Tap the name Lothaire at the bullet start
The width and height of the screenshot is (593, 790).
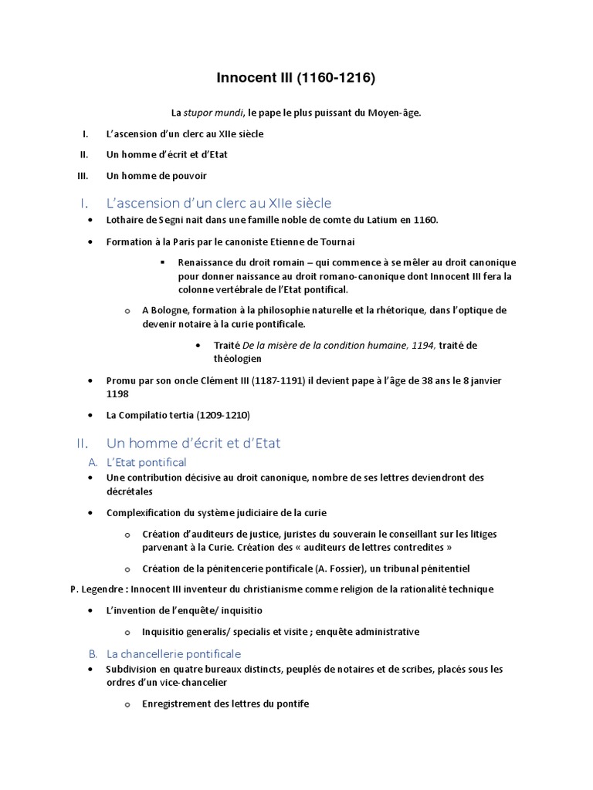pyautogui.click(x=127, y=220)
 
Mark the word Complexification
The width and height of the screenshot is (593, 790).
pyautogui.click(x=145, y=512)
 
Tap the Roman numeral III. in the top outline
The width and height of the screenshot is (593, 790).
pyautogui.click(x=83, y=175)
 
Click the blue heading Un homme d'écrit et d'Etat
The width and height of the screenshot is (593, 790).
pyautogui.click(x=194, y=443)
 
